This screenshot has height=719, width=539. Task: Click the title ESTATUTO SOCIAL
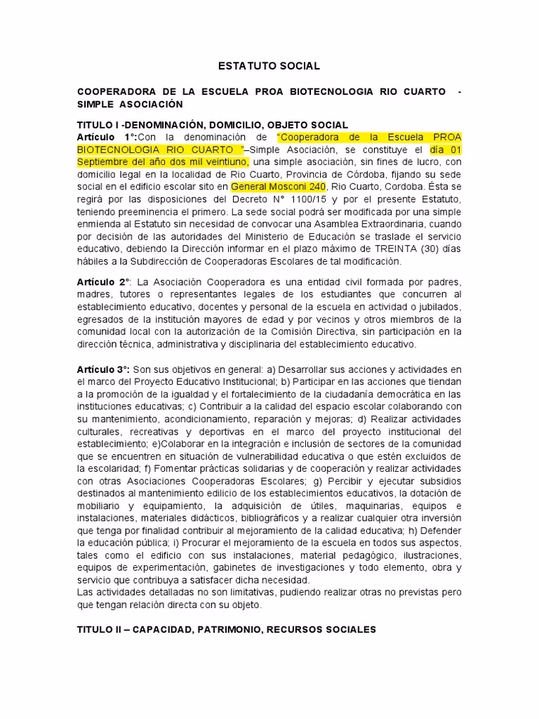coord(269,66)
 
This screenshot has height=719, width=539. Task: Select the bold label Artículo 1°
coord(107,137)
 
